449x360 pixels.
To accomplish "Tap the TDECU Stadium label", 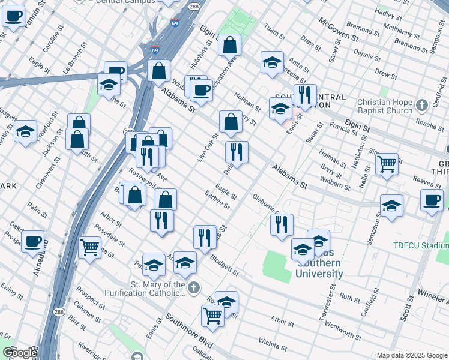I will click(421, 245).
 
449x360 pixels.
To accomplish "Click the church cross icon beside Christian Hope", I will click(438, 103).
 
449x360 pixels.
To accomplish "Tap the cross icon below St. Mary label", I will click(193, 288).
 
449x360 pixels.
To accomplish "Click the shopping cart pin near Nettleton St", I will click(387, 164).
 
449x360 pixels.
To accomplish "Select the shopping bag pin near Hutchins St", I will click(229, 44).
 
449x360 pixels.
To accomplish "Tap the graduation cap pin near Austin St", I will click(25, 131).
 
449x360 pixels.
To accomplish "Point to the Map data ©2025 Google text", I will click(411, 355).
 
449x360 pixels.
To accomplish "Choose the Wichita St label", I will click(273, 343).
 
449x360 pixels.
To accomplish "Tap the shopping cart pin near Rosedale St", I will click(89, 246).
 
